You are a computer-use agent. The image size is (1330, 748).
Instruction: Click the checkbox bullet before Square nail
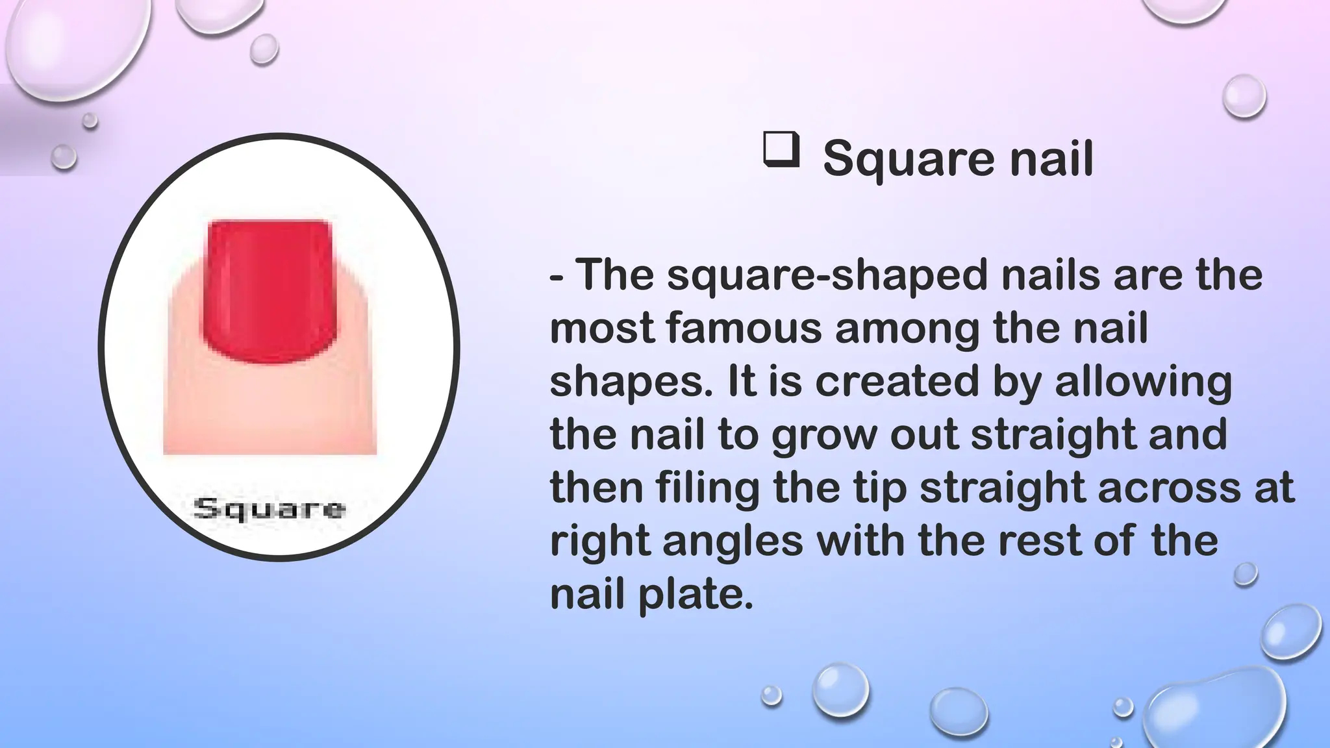[781, 151]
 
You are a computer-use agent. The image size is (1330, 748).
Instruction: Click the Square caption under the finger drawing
[270, 508]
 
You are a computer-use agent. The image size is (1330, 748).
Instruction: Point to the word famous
[744, 327]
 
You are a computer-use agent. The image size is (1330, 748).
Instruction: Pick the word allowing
[1143, 382]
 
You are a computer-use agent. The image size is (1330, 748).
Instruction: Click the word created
[896, 381]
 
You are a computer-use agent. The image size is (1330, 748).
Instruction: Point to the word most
[601, 328]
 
